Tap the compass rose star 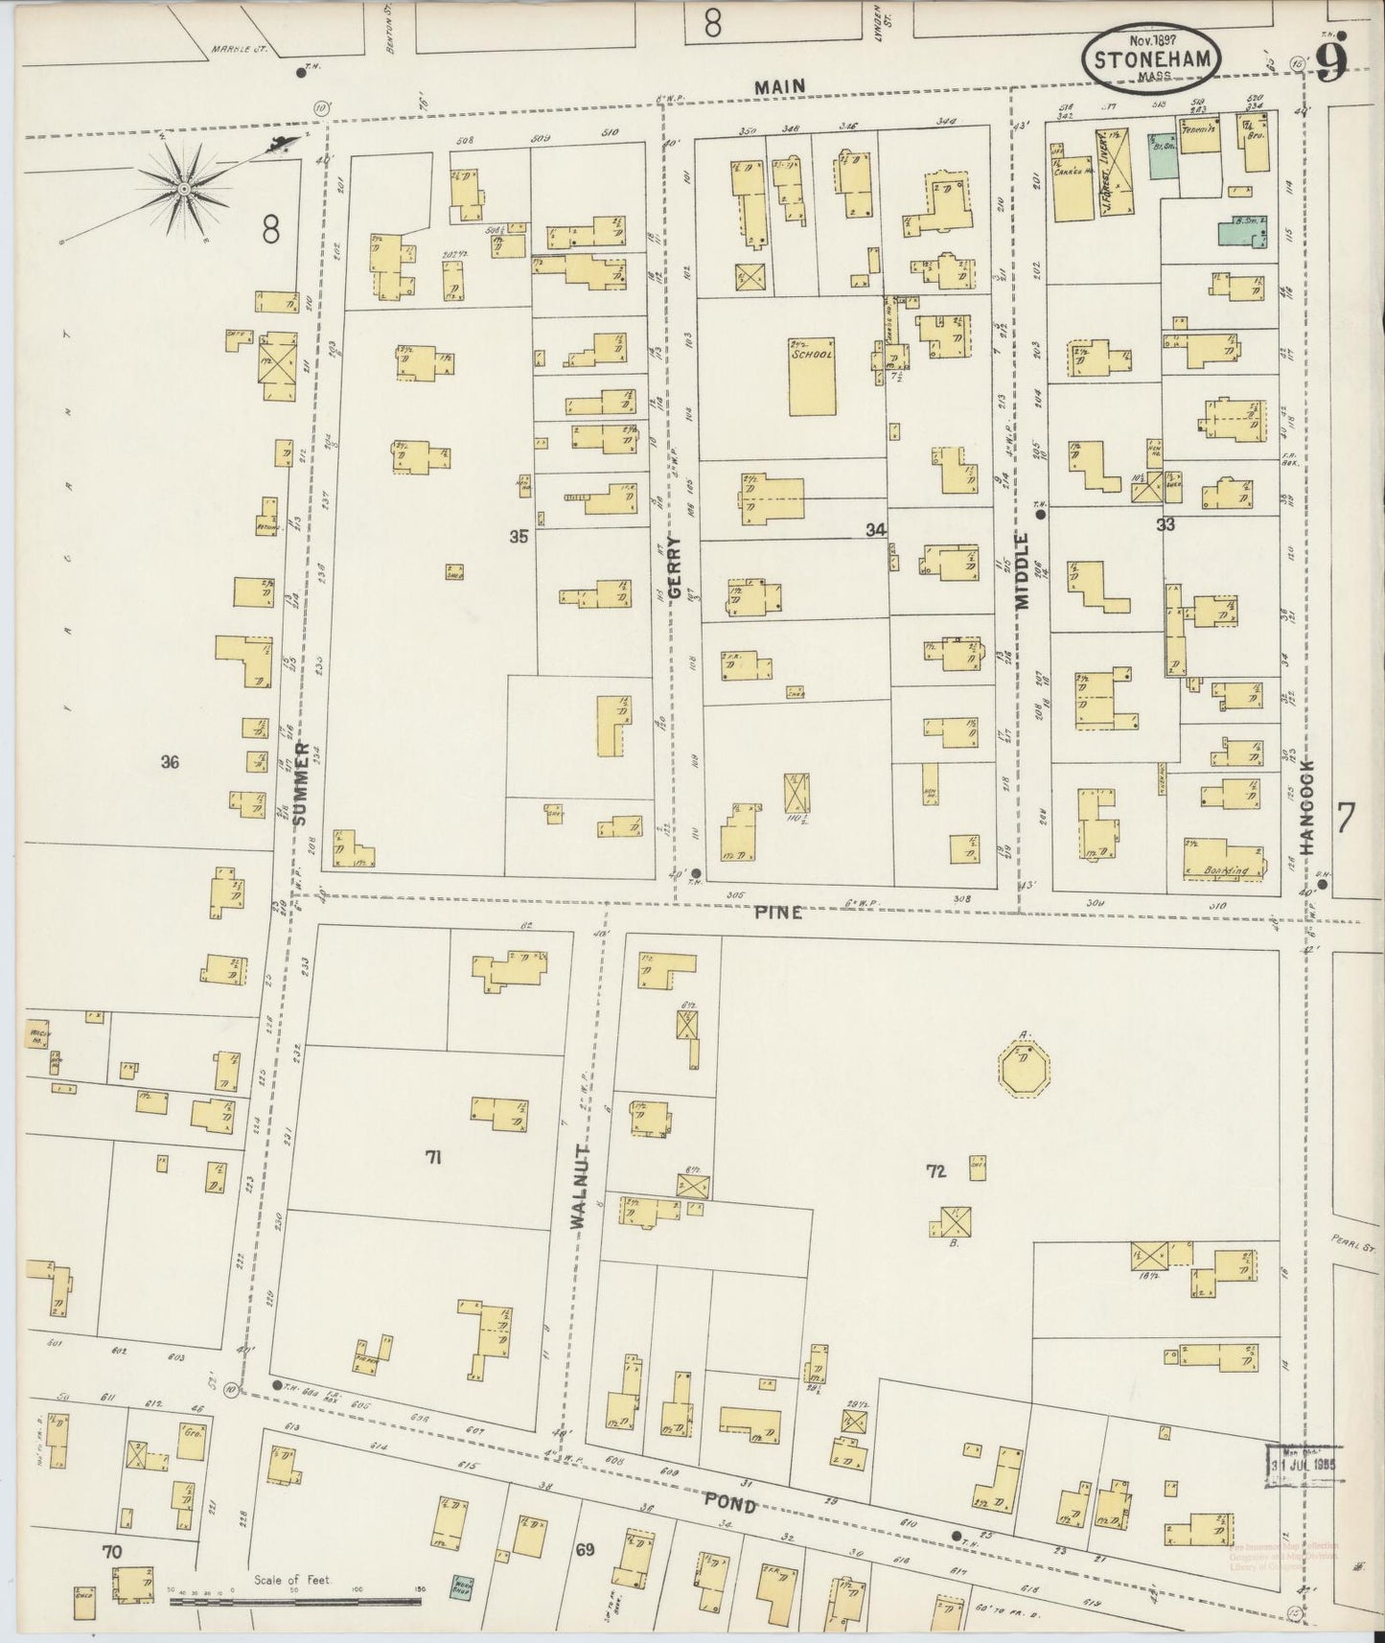(x=184, y=189)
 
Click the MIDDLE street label (x=1022, y=571)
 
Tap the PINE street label (x=777, y=913)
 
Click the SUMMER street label (x=301, y=783)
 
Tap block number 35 (x=519, y=537)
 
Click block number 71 (x=433, y=1157)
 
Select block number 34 (x=874, y=529)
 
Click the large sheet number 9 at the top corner (x=1332, y=59)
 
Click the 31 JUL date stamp (x=1304, y=1467)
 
